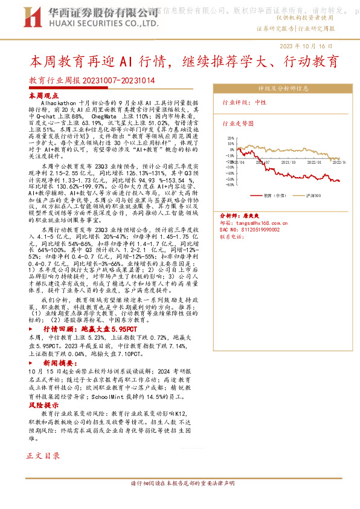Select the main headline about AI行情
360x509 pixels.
pyautogui.click(x=184, y=62)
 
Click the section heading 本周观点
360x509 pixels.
pyautogui.click(x=43, y=96)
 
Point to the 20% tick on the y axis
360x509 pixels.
pyautogui.click(x=230, y=138)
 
